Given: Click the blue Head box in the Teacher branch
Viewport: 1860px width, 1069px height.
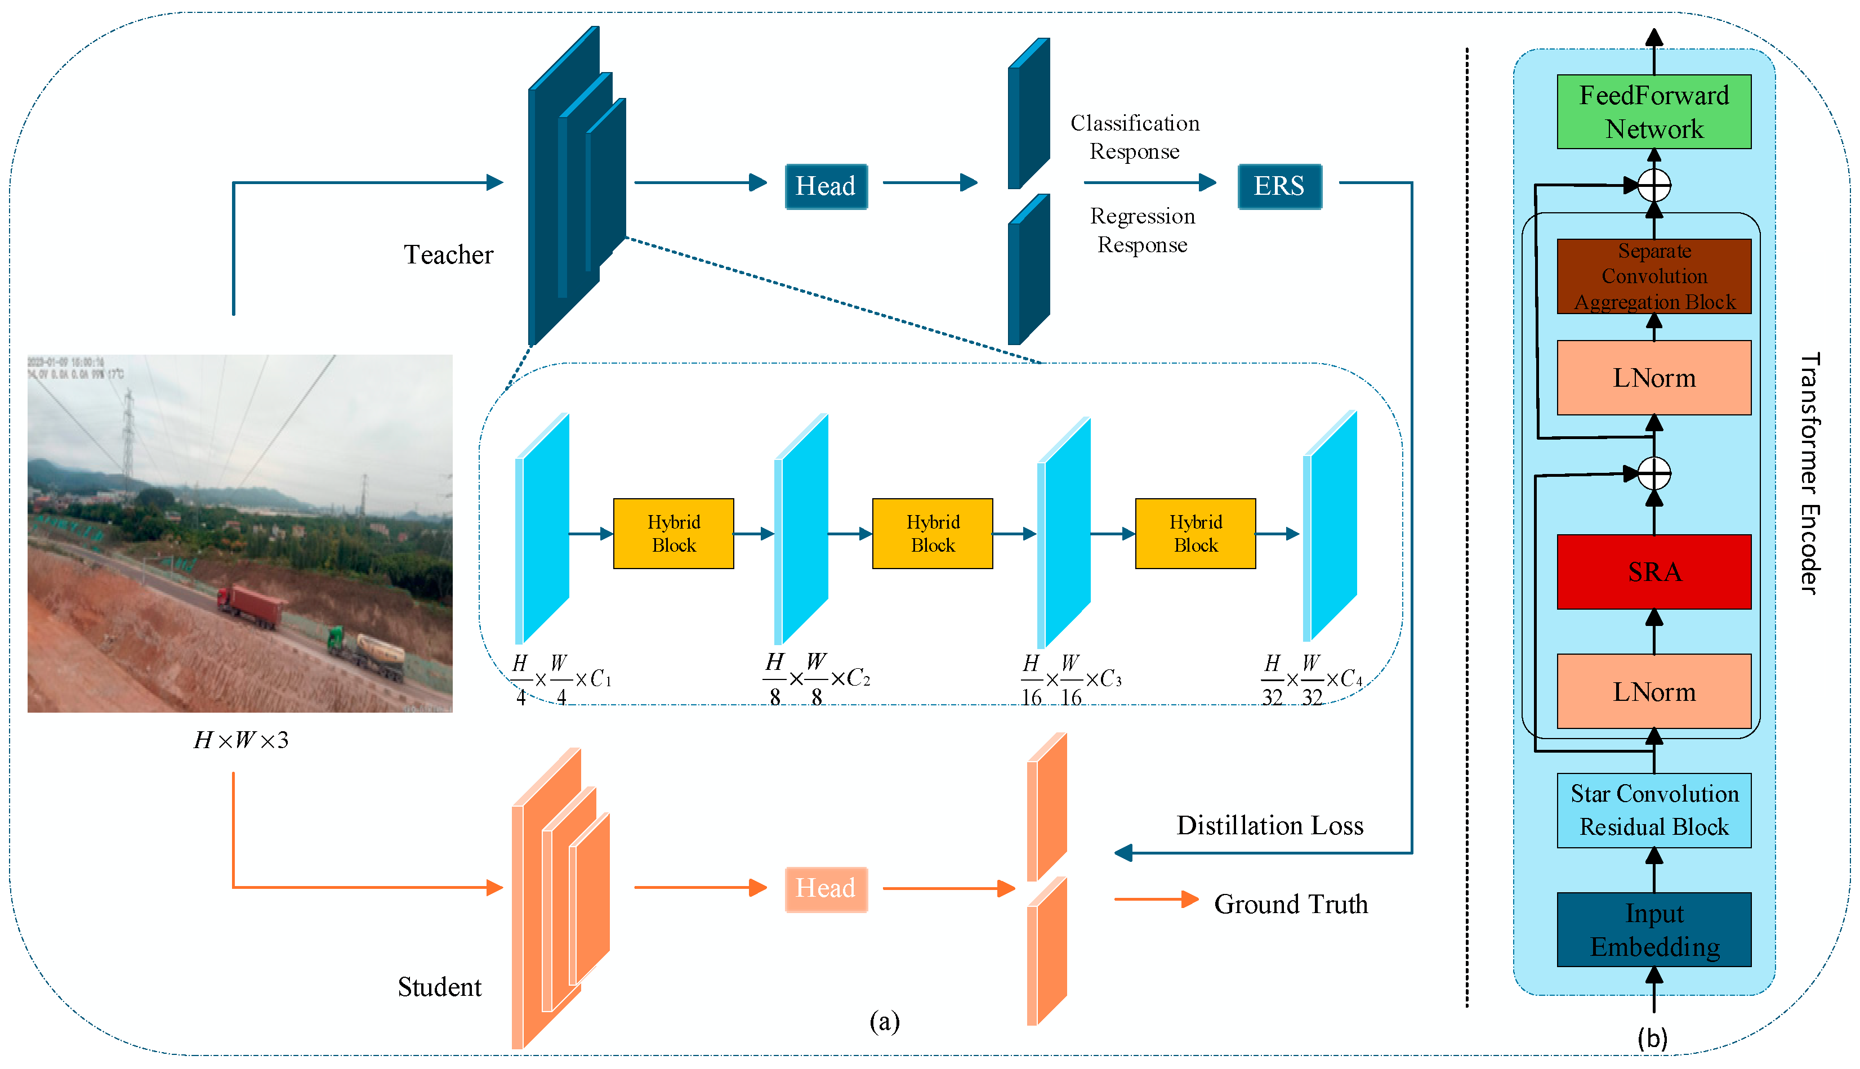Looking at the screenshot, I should [x=826, y=186].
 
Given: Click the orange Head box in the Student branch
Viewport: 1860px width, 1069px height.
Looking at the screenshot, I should [x=826, y=888].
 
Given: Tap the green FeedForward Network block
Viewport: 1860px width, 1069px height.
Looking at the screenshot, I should [x=1654, y=111].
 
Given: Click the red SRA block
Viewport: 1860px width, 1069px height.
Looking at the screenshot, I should [x=1654, y=571].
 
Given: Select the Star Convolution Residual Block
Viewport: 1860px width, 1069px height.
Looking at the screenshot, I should [x=1654, y=810].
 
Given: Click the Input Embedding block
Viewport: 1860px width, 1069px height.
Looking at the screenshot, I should [x=1654, y=929].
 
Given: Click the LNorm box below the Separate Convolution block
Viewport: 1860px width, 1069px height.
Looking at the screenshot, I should [x=1654, y=377].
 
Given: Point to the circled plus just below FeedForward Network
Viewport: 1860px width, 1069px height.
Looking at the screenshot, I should [x=1654, y=185].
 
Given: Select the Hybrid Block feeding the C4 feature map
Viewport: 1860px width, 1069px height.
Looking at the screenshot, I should [x=1195, y=533].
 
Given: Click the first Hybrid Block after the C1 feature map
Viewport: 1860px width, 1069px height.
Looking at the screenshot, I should [x=673, y=533].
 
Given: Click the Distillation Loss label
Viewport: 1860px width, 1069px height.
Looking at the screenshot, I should [x=1270, y=825].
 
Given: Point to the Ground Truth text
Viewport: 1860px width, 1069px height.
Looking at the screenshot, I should [x=1290, y=904].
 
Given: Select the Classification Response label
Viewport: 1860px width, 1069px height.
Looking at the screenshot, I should [x=1135, y=137].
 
